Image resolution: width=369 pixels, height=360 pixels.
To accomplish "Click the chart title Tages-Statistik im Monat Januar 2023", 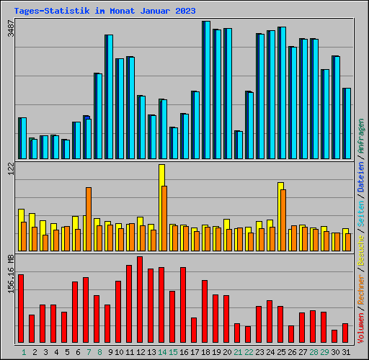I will pos(104,11).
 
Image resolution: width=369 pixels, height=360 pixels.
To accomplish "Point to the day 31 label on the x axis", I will pos(345,352).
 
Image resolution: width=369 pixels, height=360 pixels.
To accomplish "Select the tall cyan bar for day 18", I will pos(206,90).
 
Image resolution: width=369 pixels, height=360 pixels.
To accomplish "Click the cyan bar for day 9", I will pos(109,96).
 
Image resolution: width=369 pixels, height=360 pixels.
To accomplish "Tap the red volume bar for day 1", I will pos(21,309).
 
